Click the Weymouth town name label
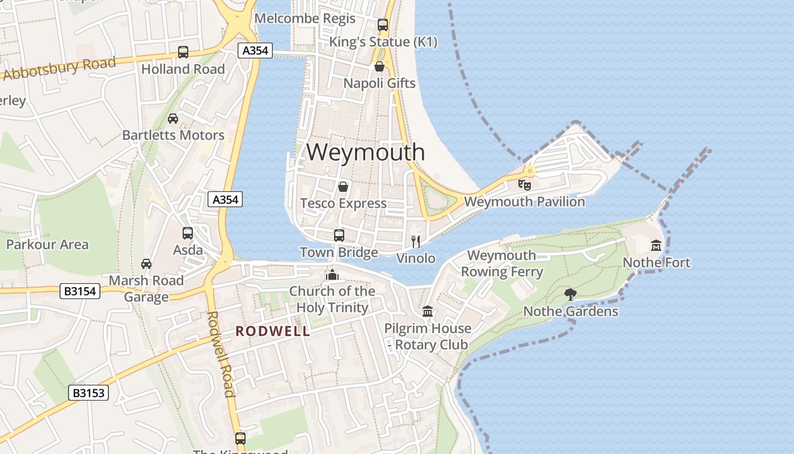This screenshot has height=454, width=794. [366, 152]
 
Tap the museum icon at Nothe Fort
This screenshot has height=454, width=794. [656, 245]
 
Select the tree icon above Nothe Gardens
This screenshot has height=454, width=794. [571, 294]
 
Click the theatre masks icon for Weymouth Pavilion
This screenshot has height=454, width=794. [525, 184]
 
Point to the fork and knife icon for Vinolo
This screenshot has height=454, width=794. [416, 241]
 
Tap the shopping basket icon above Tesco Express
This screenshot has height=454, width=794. [343, 186]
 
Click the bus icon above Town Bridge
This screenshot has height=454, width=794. [339, 235]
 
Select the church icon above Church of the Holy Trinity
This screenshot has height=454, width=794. [332, 275]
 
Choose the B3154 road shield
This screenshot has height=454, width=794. [80, 292]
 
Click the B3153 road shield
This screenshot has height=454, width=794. [88, 393]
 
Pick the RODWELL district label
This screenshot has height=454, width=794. [273, 331]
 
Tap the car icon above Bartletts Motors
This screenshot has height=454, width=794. [173, 119]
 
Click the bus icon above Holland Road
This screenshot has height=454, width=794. [183, 52]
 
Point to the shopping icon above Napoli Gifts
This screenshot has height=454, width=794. [379, 66]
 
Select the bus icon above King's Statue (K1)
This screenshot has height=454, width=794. [383, 25]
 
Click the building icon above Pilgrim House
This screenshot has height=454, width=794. [428, 312]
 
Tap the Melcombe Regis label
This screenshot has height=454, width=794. [305, 18]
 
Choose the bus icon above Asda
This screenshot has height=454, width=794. [188, 233]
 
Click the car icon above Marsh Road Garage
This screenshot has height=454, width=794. [146, 264]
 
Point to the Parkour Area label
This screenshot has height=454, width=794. [47, 245]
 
